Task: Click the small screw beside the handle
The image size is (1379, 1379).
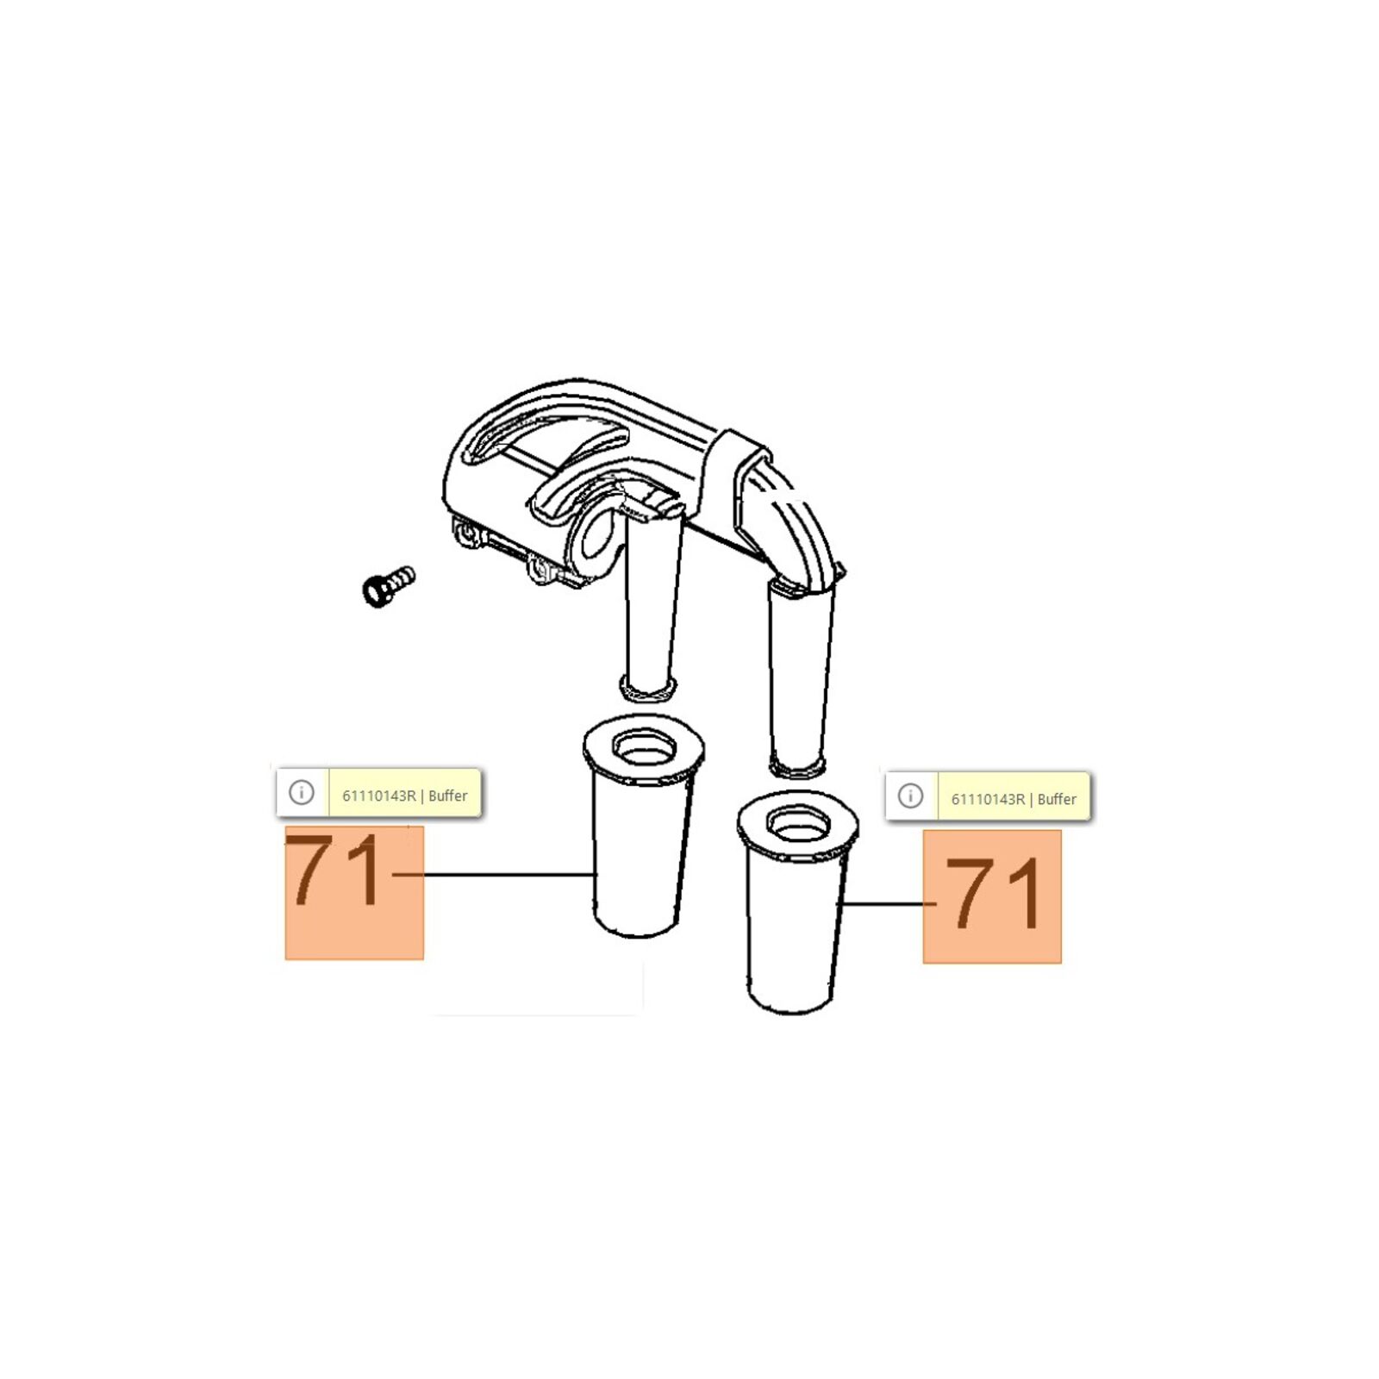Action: (x=388, y=585)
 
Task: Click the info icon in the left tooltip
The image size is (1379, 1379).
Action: (x=302, y=792)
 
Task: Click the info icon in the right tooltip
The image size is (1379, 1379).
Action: (x=910, y=796)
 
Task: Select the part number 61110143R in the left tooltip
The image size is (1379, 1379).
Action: (x=379, y=796)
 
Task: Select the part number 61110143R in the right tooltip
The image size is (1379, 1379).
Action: (x=988, y=799)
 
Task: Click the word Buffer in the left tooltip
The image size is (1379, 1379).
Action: (x=448, y=796)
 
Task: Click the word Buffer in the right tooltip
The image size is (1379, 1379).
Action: (x=1057, y=799)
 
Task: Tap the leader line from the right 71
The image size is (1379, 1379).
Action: (x=889, y=903)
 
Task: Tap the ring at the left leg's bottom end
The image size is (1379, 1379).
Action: (x=648, y=689)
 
